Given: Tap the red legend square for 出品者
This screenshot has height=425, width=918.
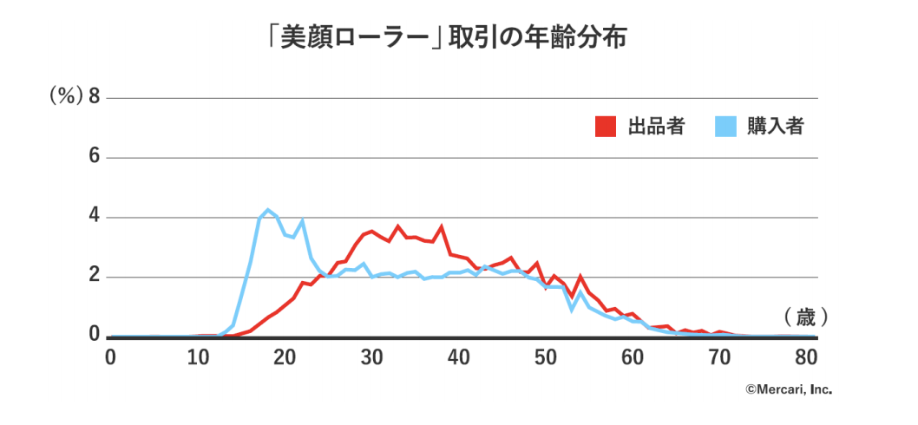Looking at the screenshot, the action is point(606,127).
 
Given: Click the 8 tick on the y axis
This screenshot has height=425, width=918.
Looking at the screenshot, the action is point(94,97).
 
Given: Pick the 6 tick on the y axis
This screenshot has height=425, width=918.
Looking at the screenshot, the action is point(94,158).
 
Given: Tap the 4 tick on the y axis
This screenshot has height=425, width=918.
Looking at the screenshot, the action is point(94,217).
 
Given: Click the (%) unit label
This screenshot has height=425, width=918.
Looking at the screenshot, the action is point(66,97).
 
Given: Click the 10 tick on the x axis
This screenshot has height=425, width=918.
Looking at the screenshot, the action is point(200,357).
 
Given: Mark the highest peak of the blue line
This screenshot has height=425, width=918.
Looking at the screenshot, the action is point(267,210).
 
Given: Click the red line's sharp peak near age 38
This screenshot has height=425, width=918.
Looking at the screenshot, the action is point(441,226).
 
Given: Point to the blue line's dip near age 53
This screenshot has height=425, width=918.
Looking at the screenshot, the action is point(572,309).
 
